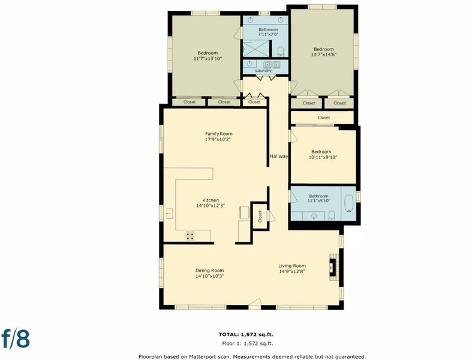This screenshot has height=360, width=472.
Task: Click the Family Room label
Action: (x=218, y=134)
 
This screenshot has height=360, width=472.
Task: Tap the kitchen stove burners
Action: (x=190, y=236)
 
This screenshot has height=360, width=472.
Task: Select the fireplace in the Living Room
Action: (x=333, y=267)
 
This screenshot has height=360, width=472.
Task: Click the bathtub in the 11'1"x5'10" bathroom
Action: (x=348, y=204)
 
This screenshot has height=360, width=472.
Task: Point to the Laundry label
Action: (x=263, y=70)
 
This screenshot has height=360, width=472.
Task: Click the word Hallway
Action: (x=278, y=157)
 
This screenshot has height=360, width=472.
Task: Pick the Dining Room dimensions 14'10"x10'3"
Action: (x=209, y=276)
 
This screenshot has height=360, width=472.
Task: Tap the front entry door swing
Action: (x=255, y=302)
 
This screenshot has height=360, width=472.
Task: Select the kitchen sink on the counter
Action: (x=169, y=214)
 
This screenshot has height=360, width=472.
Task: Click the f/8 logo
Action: (x=16, y=338)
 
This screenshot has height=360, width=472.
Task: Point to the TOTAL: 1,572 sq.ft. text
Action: (x=246, y=334)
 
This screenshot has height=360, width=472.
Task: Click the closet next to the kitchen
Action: (x=260, y=216)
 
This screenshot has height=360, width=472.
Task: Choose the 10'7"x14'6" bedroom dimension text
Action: (x=324, y=55)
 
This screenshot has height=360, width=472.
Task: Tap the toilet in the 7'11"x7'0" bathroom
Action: (x=281, y=52)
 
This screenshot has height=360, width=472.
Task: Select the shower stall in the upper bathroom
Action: (x=256, y=48)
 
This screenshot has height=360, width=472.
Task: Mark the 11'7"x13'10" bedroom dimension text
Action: (x=208, y=58)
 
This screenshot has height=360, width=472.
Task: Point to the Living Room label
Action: (x=292, y=266)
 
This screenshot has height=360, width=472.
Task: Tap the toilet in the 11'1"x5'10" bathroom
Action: (x=332, y=215)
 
